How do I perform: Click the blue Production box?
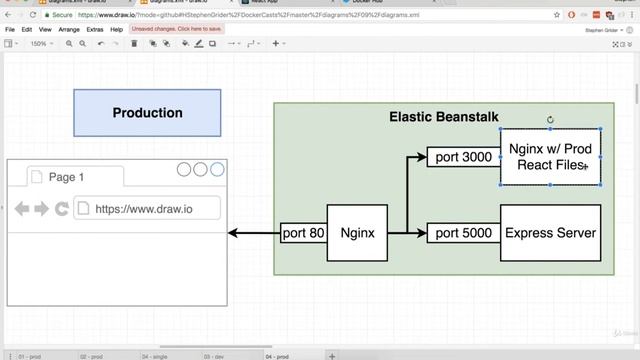(x=147, y=113)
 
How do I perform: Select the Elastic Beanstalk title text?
(x=443, y=117)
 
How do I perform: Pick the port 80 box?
(x=303, y=233)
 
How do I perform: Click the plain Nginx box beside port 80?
(x=357, y=233)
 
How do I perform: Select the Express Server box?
(x=550, y=233)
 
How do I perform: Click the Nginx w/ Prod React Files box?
(x=550, y=157)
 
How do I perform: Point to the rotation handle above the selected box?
(x=551, y=120)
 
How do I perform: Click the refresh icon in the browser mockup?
(x=62, y=209)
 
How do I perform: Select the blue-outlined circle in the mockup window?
(x=217, y=170)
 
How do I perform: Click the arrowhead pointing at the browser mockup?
(x=233, y=233)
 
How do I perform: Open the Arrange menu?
(x=69, y=30)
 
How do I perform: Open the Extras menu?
(x=95, y=30)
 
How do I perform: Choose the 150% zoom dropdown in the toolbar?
(x=41, y=44)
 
